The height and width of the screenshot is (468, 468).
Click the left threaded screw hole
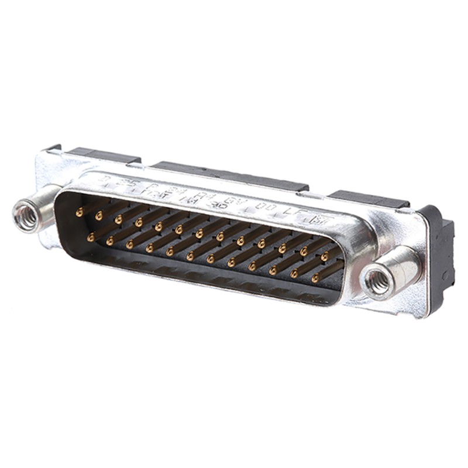click(x=27, y=215)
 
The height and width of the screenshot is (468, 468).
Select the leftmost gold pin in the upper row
click(x=79, y=214)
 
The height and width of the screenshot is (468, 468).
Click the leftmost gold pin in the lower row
click(x=90, y=238)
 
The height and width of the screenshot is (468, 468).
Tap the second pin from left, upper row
click(x=99, y=216)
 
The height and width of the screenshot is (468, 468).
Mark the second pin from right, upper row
click(x=304, y=252)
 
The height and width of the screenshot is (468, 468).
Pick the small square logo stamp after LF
click(x=320, y=220)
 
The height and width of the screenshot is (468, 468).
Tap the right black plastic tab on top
click(x=369, y=199)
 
